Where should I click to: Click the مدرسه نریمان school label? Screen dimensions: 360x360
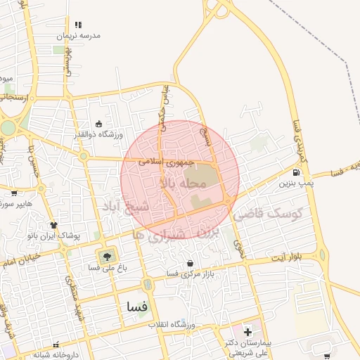pyautogui.click(x=79, y=35)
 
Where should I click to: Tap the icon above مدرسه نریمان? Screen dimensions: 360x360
pyautogui.click(x=77, y=25)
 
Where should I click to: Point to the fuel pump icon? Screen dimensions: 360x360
pyautogui.click(x=296, y=173)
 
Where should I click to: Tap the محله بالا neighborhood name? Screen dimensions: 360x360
pyautogui.click(x=184, y=184)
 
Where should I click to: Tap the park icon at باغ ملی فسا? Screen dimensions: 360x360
pyautogui.click(x=107, y=256)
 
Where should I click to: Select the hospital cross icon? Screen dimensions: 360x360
pyautogui.click(x=247, y=331)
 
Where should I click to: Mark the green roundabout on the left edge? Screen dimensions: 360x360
pyautogui.click(x=7, y=128)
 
